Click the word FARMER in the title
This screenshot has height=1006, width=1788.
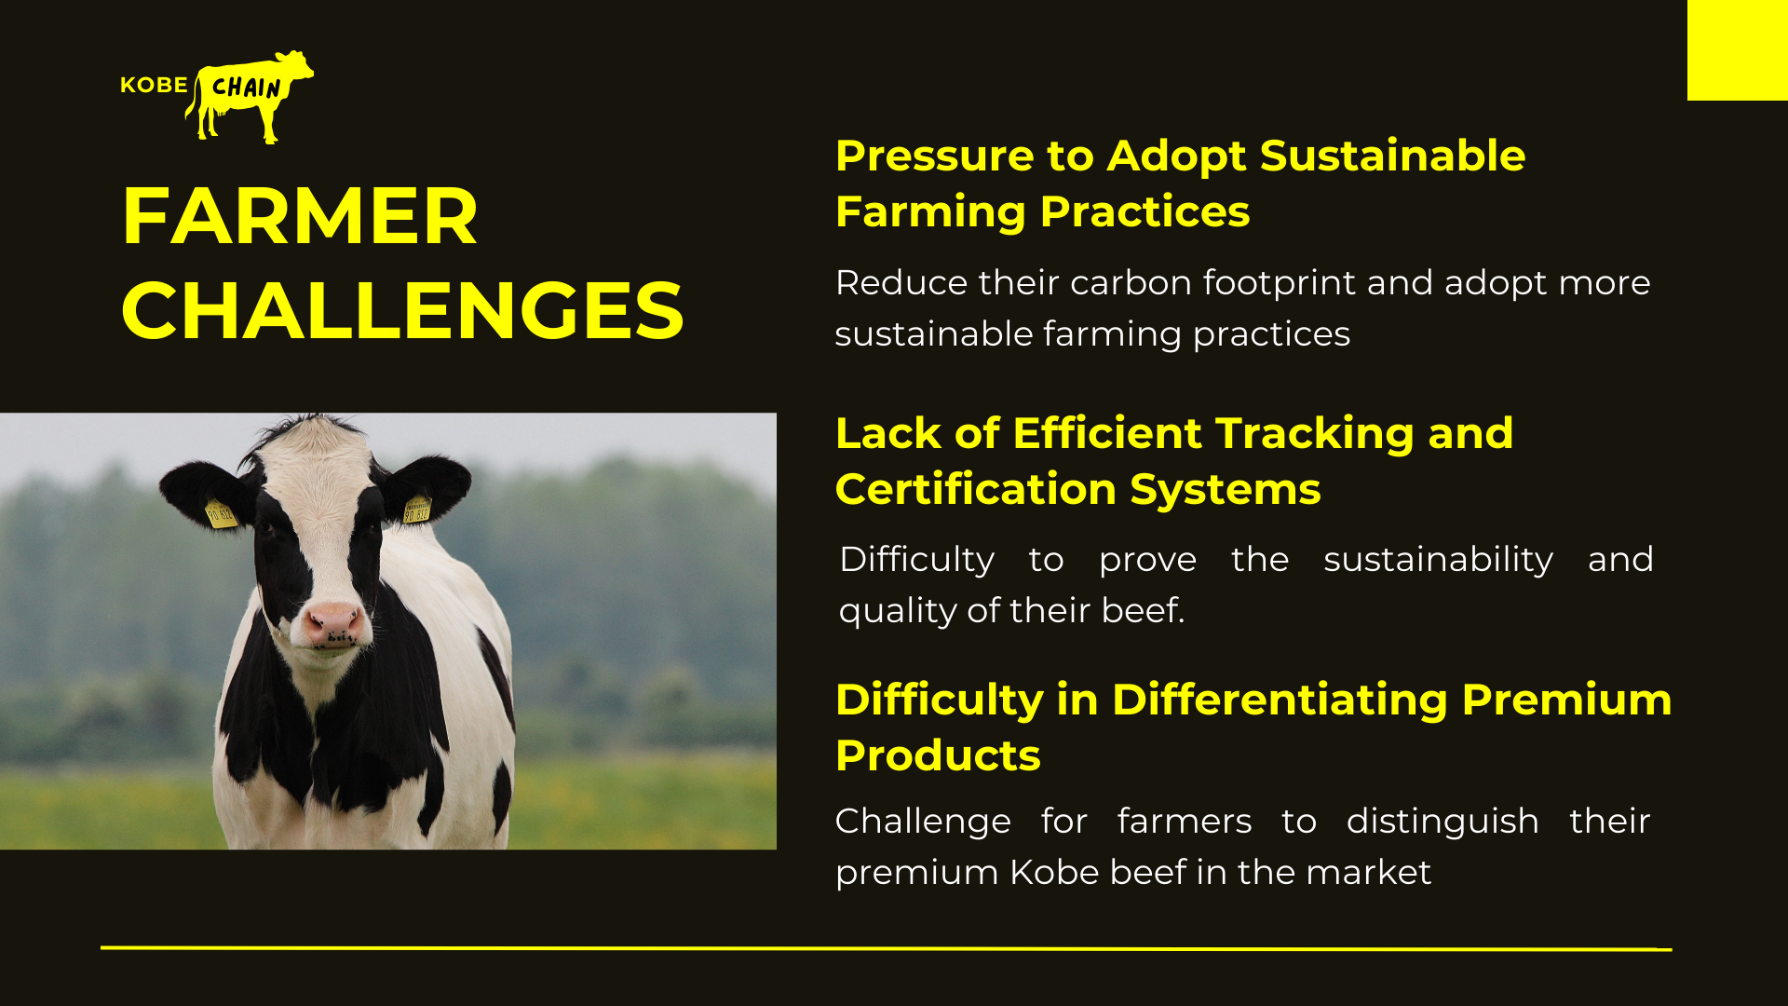click(x=299, y=216)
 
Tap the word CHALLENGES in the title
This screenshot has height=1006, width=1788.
click(x=402, y=310)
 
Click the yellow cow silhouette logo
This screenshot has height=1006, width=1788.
click(x=250, y=95)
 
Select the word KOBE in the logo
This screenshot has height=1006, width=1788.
click(x=155, y=85)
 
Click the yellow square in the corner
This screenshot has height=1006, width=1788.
click(x=1738, y=50)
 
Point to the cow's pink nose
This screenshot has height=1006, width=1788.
click(x=333, y=622)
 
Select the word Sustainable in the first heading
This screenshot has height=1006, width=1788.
click(x=1392, y=156)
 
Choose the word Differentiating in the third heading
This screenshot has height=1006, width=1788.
click(x=1280, y=700)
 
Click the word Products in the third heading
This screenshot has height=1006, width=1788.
click(x=938, y=755)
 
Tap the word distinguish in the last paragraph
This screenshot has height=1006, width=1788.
click(x=1443, y=822)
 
